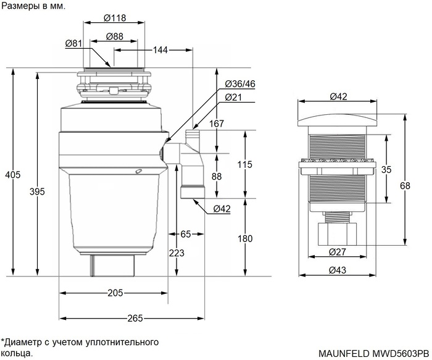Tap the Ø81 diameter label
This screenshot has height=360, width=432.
[73, 43]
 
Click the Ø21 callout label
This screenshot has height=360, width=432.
[233, 98]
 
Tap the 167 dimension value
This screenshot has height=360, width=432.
[233, 123]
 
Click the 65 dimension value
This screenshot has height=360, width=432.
[185, 234]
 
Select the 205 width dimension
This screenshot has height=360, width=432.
[115, 293]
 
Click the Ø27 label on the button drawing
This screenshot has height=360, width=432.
[337, 251]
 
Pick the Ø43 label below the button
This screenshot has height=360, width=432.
[337, 270]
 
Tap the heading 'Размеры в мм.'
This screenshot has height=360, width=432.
[32, 6]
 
